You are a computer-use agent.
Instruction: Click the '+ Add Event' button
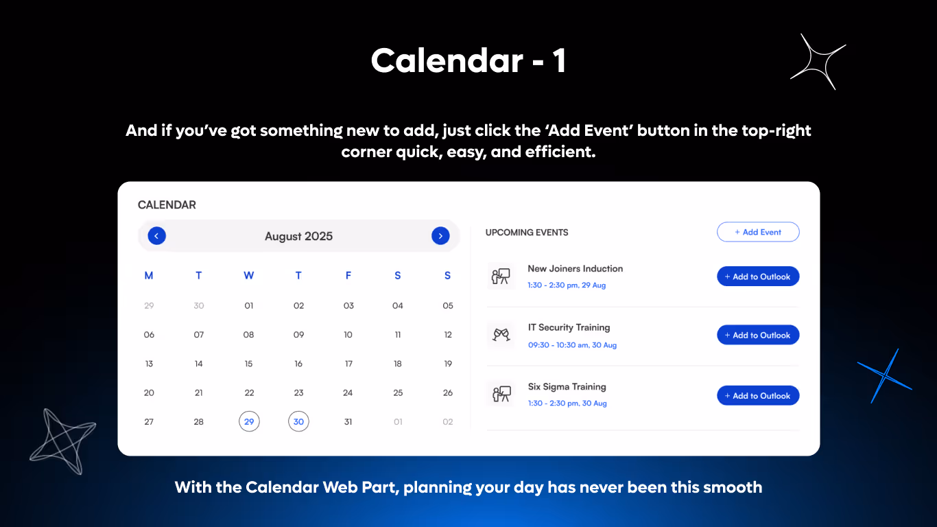click(758, 232)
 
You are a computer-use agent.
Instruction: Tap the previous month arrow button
click(156, 236)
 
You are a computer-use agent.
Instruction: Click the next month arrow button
click(440, 236)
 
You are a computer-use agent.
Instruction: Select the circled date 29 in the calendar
click(249, 421)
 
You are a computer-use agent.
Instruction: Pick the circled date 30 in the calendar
click(298, 421)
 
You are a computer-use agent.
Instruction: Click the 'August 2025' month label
click(298, 236)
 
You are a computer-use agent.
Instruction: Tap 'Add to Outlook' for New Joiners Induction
click(758, 277)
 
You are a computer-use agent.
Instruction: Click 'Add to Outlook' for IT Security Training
click(758, 335)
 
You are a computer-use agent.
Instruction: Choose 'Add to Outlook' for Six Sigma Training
click(758, 395)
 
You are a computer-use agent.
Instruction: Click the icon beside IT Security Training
click(501, 335)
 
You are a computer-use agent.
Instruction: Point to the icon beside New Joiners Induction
click(501, 277)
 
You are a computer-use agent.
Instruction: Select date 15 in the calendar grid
click(248, 364)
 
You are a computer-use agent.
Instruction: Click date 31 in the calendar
click(348, 421)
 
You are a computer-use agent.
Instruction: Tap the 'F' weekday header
click(348, 276)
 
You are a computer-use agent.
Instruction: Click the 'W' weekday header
click(248, 276)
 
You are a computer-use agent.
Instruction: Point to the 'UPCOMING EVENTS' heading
click(527, 233)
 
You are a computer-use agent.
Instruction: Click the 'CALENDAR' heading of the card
click(167, 204)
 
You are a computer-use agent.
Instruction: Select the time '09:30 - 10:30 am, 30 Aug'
click(572, 345)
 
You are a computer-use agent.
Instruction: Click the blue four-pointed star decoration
click(884, 375)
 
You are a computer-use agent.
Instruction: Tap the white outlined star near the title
click(818, 62)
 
